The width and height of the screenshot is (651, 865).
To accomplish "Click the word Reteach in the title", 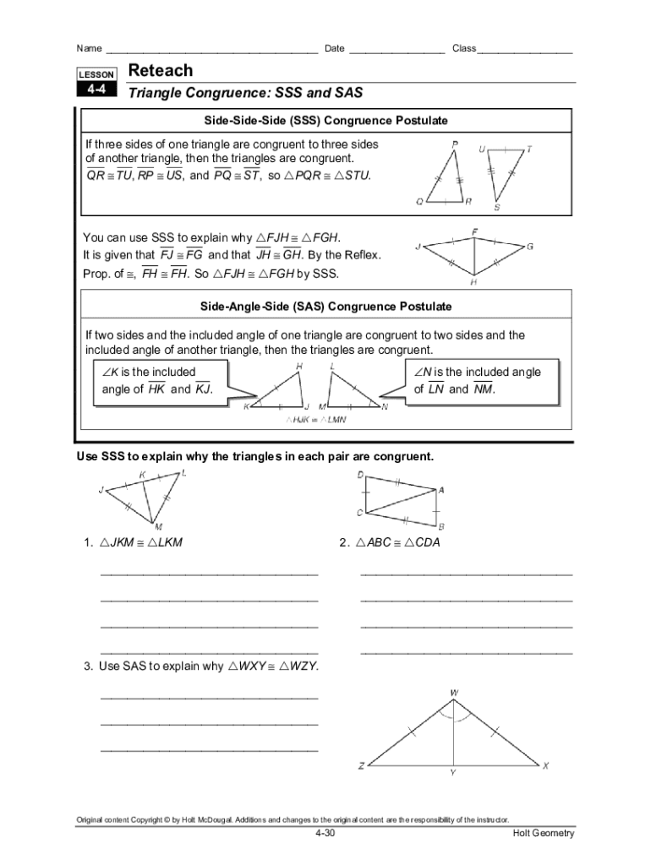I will point(160,71).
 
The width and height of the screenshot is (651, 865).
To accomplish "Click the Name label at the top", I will point(90,48).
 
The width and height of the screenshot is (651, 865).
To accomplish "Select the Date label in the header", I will point(334,48).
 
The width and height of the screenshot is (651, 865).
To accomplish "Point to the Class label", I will point(464,48).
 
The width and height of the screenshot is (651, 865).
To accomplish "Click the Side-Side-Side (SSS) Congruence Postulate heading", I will point(325,121).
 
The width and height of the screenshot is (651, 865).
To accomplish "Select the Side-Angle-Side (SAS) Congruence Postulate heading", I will point(325,306).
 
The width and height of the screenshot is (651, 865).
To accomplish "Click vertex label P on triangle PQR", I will point(456,144).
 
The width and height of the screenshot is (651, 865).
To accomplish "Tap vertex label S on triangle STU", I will point(496,207).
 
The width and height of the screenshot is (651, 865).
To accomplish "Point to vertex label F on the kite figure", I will point(475,231).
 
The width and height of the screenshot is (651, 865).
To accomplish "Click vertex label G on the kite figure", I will point(530,247).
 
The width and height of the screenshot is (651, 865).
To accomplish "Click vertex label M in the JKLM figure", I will point(158,526).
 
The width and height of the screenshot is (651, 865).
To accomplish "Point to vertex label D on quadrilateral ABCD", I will point(360,476).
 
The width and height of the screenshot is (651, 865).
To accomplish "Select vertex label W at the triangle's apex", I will point(454,694).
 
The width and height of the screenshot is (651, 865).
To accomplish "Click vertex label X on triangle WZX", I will point(545,766).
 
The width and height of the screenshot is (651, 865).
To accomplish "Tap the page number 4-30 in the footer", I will point(325,834).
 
